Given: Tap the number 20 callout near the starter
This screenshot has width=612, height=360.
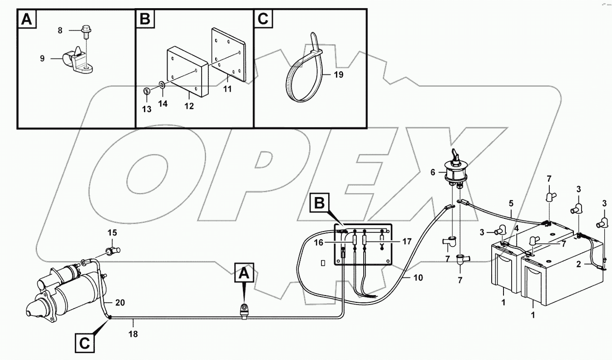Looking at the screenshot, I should (120, 302).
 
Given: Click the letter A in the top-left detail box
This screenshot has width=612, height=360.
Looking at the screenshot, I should (27, 20).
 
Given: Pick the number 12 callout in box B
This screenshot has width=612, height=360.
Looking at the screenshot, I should (189, 106).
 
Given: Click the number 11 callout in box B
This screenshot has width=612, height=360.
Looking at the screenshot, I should (227, 89).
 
